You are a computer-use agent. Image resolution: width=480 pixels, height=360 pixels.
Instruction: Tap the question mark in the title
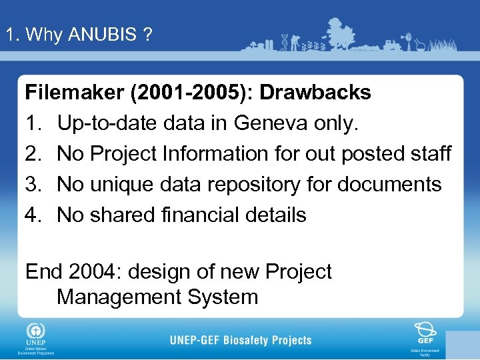pyautogui.click(x=147, y=35)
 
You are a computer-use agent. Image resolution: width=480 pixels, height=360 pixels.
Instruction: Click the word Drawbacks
pyautogui.click(x=315, y=93)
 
